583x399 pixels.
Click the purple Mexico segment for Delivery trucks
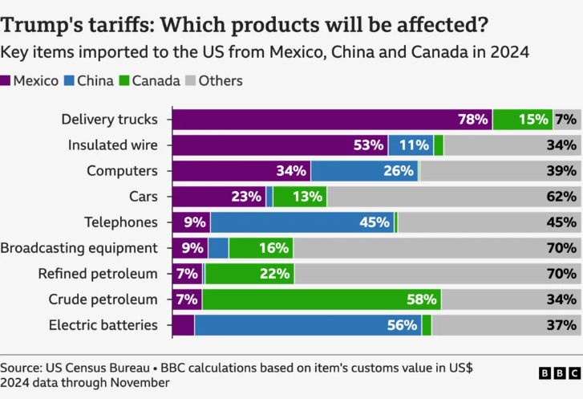321,120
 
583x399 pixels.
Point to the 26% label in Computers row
399,171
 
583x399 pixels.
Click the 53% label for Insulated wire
369,145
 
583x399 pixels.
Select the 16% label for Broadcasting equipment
273,248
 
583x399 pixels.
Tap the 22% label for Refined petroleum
274,274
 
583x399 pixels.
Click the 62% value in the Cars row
561,197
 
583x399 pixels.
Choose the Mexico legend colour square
6,80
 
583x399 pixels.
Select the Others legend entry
213,80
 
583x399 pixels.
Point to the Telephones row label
121,222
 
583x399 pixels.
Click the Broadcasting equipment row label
79,248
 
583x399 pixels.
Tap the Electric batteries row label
103,325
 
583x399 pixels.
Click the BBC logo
558,373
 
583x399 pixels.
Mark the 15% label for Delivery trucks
533,120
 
